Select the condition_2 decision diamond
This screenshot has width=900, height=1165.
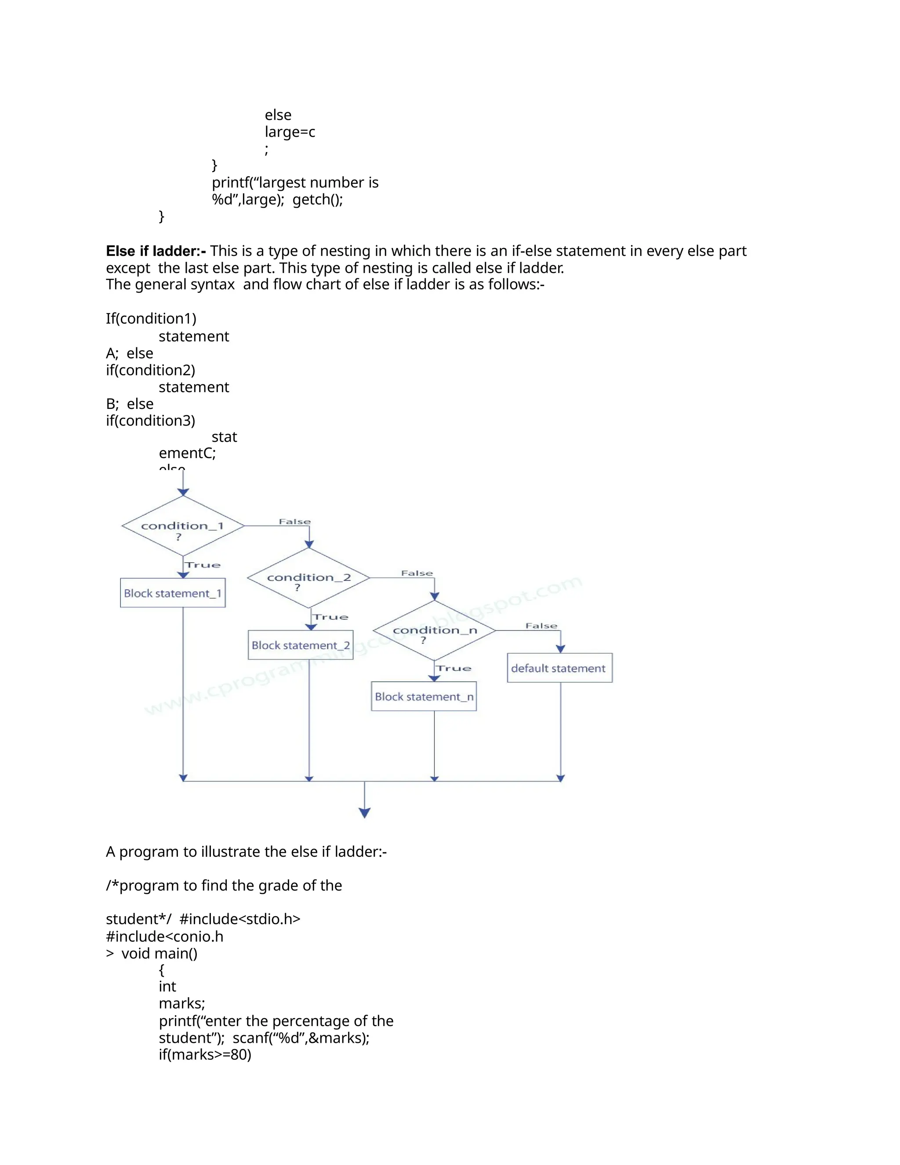pos(308,578)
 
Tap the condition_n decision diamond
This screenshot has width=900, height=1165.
pos(435,630)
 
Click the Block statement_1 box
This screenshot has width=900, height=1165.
pos(173,593)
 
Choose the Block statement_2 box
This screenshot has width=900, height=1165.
pos(300,645)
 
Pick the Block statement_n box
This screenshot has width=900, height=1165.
pos(424,697)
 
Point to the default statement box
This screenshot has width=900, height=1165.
pos(559,668)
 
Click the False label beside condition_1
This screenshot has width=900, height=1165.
pos(294,522)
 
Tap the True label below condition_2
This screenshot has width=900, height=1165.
pos(330,617)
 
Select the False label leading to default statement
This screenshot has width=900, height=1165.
pos(541,626)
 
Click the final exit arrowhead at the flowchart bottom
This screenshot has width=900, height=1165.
pos(365,813)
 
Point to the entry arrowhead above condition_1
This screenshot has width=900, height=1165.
pos(183,492)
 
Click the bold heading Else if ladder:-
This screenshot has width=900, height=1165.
pos(156,251)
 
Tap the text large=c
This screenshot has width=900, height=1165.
pos(290,132)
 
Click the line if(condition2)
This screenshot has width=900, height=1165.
pos(150,370)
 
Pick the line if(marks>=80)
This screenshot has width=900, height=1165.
pos(205,1055)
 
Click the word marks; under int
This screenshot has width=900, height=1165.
pos(182,1003)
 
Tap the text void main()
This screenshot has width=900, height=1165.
pos(160,953)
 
